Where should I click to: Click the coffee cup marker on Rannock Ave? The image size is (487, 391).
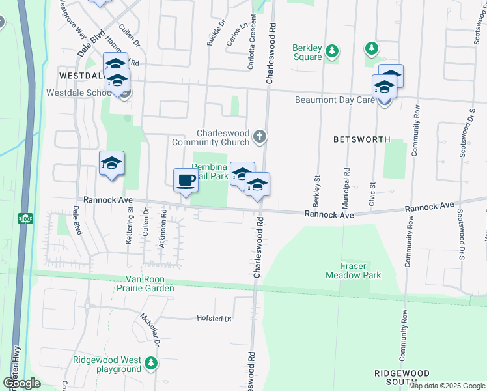pyautogui.click(x=186, y=180)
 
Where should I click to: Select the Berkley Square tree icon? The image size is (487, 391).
pyautogui.click(x=331, y=51)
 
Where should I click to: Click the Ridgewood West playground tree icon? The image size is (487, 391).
pyautogui.click(x=151, y=362)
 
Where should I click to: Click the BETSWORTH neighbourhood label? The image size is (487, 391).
pyautogui.click(x=361, y=139)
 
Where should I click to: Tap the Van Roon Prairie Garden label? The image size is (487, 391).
pyautogui.click(x=146, y=284)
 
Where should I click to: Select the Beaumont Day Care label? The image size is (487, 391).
pyautogui.click(x=335, y=100)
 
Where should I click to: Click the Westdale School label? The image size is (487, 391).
pyautogui.click(x=81, y=93)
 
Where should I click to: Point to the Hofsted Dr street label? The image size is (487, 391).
pyautogui.click(x=214, y=319)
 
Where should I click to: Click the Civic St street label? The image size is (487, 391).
pyautogui.click(x=373, y=194)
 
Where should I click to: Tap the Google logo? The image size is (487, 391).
pyautogui.click(x=21, y=383)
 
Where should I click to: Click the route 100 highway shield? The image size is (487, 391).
pyautogui.click(x=25, y=218)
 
